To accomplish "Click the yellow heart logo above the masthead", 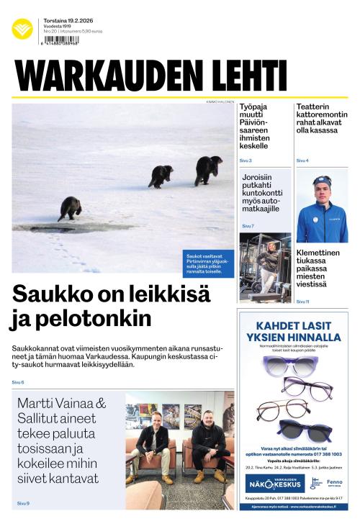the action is pyautogui.click(x=22, y=29).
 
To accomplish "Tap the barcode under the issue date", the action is pyautogui.click(x=61, y=40).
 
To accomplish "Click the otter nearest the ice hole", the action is pyautogui.click(x=70, y=208).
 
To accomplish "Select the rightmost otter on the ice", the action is pyautogui.click(x=207, y=170).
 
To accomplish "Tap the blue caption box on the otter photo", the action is pyautogui.click(x=208, y=263).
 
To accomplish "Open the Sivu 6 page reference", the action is pyautogui.click(x=18, y=381).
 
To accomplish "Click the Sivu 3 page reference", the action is pyautogui.click(x=246, y=160).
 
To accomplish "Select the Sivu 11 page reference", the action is pyautogui.click(x=302, y=302).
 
